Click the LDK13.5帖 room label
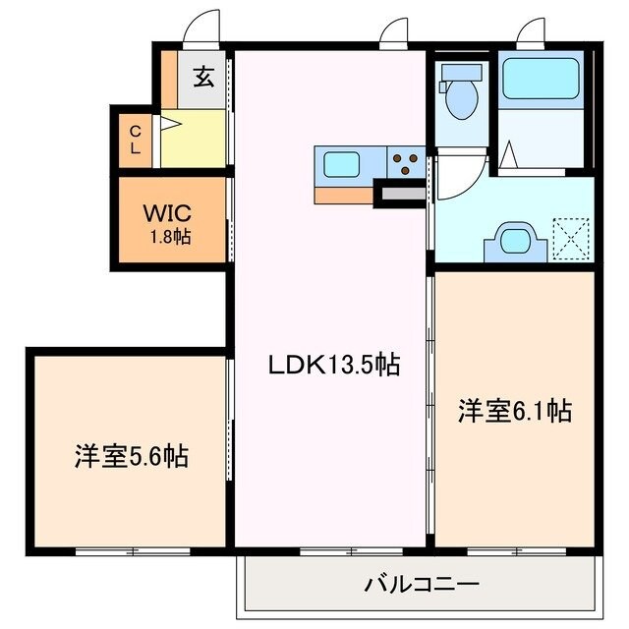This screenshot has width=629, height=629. pos(334,366)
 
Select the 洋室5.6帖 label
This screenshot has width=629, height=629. pos(131,456)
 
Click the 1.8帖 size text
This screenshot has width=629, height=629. pos(170,237)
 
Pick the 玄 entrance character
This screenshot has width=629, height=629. pos(203,77)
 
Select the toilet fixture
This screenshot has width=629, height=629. pos(460,94)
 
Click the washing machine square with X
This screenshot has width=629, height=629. pos(568,238)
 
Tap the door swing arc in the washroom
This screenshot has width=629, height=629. pos(458,177)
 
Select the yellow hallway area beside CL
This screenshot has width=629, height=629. pos(194,138)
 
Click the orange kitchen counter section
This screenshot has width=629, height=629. pos(344,195)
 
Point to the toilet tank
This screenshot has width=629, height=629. pos(461,72)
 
